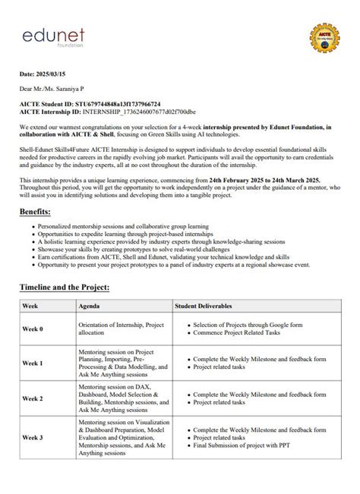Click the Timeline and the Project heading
pos(65,288)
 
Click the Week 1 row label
pos(33,363)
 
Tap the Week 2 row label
pos(33,398)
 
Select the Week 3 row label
pos(33,438)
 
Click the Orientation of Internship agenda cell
pos(122,329)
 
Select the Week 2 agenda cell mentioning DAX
pos(122,398)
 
